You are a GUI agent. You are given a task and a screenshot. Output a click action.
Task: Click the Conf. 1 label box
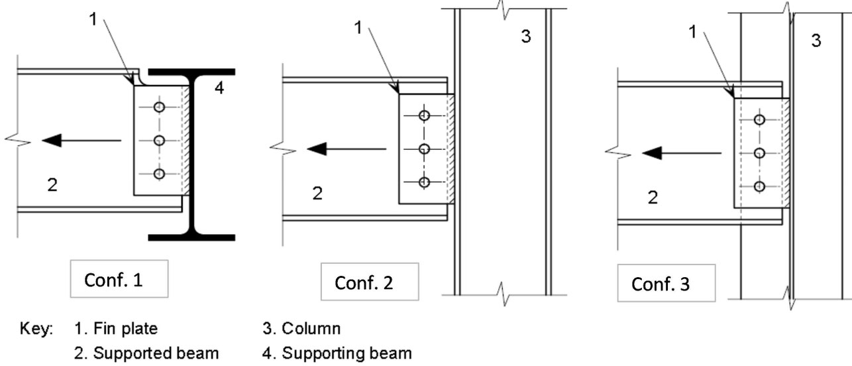(117, 280)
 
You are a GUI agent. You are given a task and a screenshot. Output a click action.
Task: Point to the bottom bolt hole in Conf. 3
(759, 186)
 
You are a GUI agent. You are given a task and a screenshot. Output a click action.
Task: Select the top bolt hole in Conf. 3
(759, 119)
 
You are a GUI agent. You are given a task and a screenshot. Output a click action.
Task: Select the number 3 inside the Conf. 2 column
(525, 36)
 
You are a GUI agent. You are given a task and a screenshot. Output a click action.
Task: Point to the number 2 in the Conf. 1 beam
(52, 185)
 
